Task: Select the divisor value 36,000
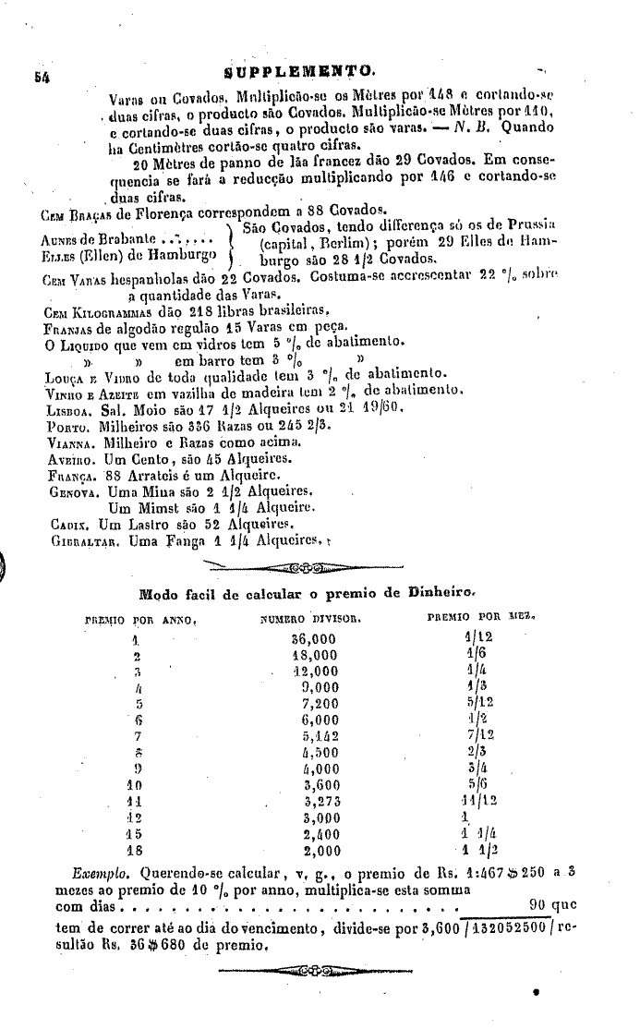point(314,639)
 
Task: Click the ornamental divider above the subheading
point(306,565)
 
